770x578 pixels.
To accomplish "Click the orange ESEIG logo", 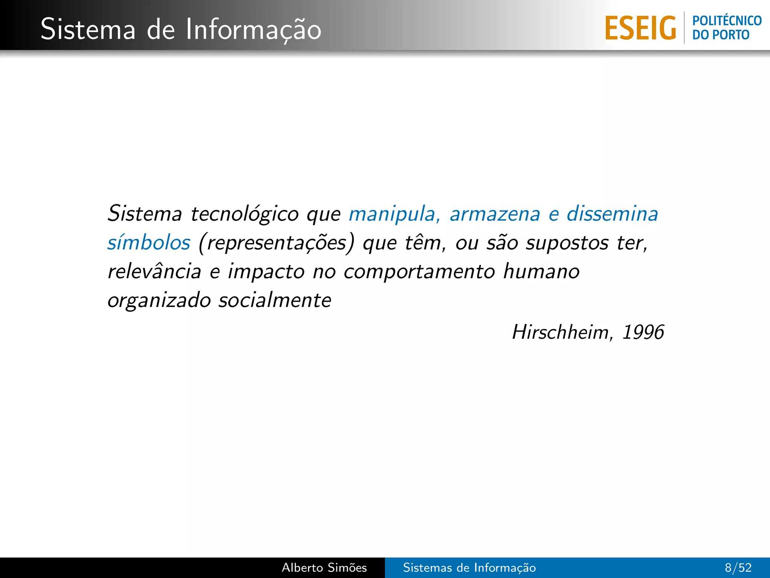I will pyautogui.click(x=640, y=28).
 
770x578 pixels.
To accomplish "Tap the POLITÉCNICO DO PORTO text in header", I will pyautogui.click(x=727, y=28).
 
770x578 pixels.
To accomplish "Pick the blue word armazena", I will pyautogui.click(x=495, y=214).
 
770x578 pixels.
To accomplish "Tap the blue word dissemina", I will pyautogui.click(x=612, y=214).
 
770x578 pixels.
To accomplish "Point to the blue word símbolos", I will pyautogui.click(x=149, y=243).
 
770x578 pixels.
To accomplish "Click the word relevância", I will pyautogui.click(x=155, y=271).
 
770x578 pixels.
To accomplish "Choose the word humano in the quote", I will pyautogui.click(x=541, y=271).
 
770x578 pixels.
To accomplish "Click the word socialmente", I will pyautogui.click(x=275, y=300).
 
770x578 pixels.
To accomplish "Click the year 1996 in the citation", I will pyautogui.click(x=643, y=332).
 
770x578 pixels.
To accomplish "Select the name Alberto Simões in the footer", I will pyautogui.click(x=324, y=567).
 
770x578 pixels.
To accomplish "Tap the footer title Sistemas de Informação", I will pyautogui.click(x=469, y=567).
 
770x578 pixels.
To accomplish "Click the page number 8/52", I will pyautogui.click(x=738, y=567).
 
